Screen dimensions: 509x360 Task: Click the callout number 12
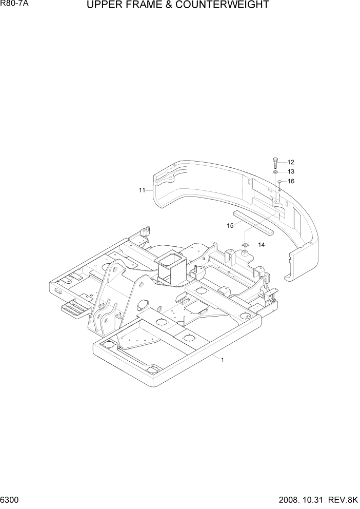(291, 162)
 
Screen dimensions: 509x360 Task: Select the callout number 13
(291, 171)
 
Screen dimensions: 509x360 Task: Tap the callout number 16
(291, 181)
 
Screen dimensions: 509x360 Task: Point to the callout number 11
(142, 190)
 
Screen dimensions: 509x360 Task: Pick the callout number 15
(230, 225)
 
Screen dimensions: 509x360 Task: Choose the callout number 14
(261, 245)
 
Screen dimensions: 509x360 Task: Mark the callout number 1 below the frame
(222, 360)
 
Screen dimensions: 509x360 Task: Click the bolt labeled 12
(276, 163)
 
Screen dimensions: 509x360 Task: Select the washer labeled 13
(276, 172)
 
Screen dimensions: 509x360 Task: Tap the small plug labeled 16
(279, 182)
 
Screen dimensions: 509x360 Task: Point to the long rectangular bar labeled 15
(253, 222)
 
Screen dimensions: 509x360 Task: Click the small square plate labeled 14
(245, 245)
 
